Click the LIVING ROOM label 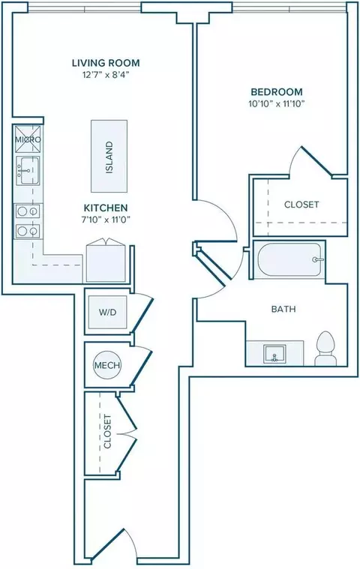click(x=106, y=63)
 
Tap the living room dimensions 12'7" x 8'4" click(x=106, y=75)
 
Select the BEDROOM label click(x=277, y=91)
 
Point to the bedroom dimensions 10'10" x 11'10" click(x=276, y=103)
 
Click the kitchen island click(x=109, y=156)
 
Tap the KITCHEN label click(x=106, y=208)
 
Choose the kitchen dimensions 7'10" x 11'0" click(x=106, y=220)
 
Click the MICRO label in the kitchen click(x=28, y=139)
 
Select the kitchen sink click(x=28, y=171)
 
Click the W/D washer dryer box click(x=108, y=312)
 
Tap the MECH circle click(x=107, y=364)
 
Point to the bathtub click(x=289, y=260)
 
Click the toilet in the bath click(x=325, y=349)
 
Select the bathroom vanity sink click(x=275, y=354)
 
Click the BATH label click(x=283, y=309)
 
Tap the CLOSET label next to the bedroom click(x=301, y=205)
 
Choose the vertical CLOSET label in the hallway click(x=107, y=432)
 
